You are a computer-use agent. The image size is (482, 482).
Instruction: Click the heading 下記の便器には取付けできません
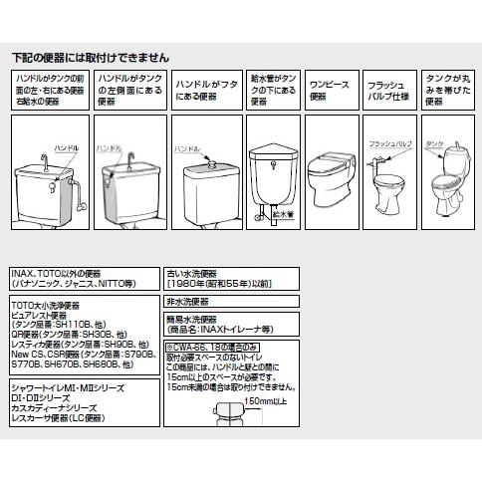click(91, 58)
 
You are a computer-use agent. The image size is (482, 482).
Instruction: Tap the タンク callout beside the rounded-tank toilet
click(444, 145)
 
